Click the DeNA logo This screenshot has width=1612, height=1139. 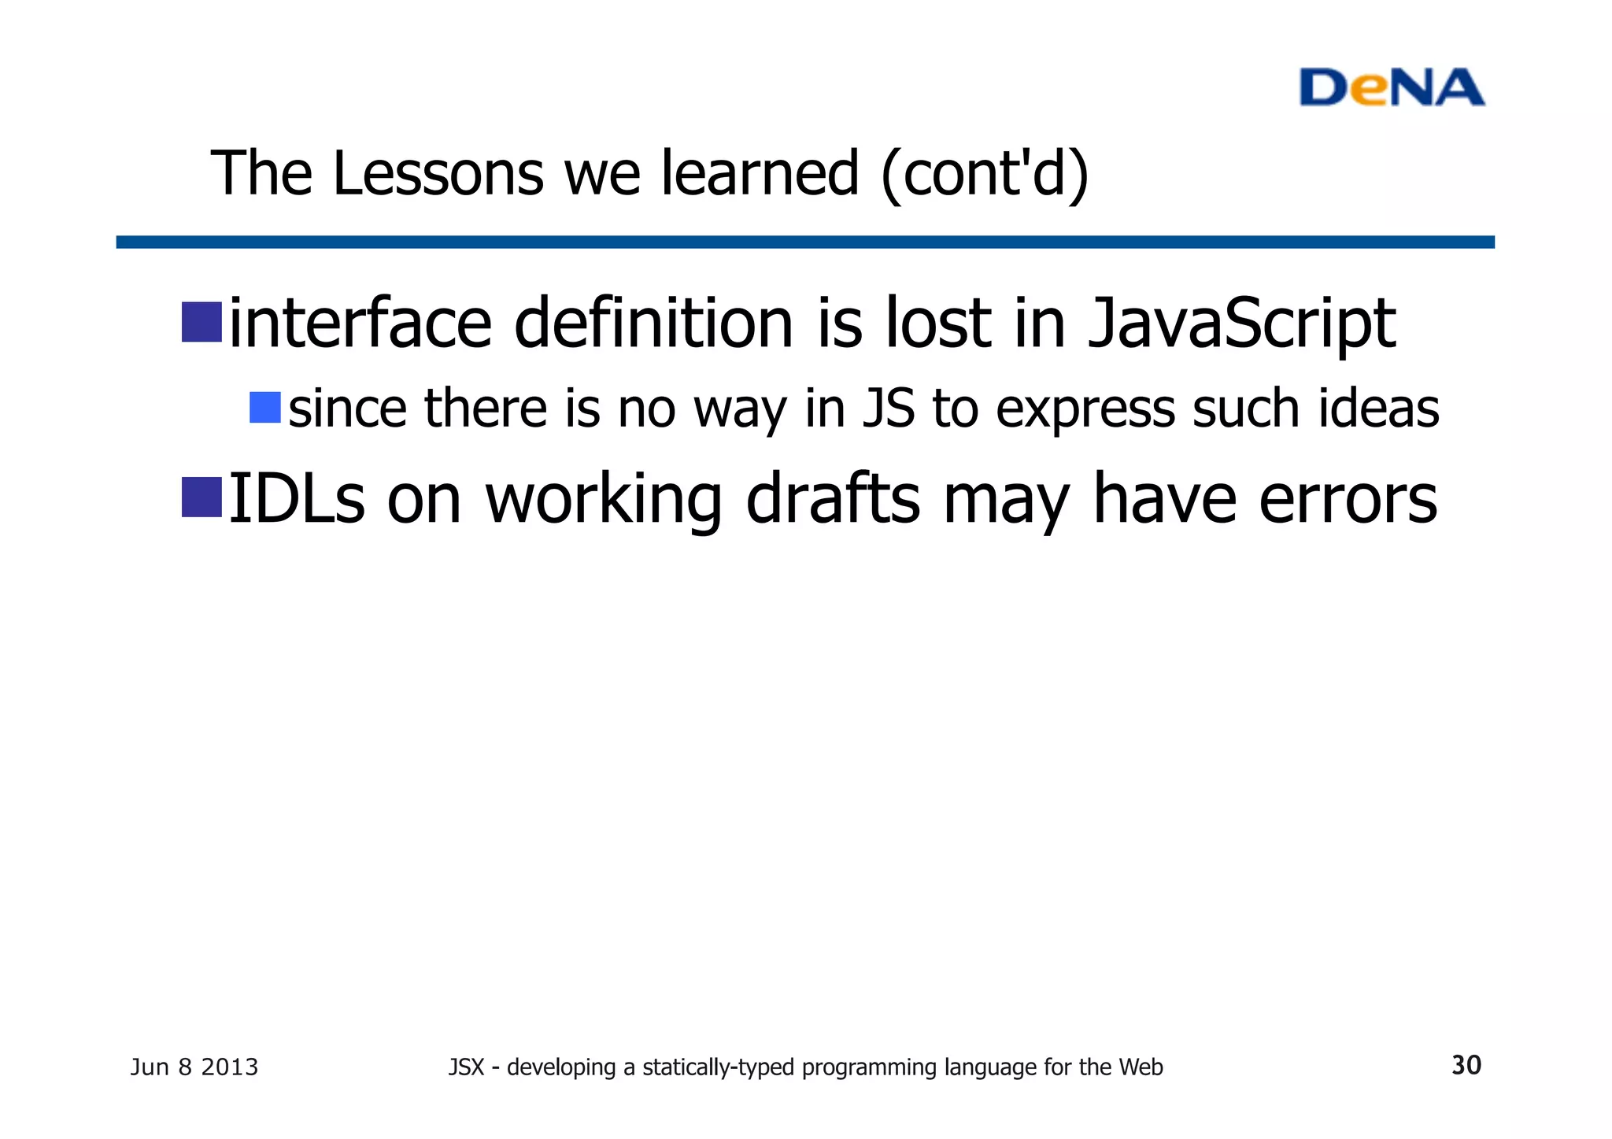(x=1391, y=87)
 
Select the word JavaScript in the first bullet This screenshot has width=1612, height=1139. (x=1241, y=324)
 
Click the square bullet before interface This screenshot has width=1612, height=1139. (x=201, y=322)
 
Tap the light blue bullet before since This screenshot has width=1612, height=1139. (x=265, y=408)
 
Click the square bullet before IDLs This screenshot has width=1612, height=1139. (x=201, y=497)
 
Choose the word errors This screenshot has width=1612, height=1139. (x=1348, y=500)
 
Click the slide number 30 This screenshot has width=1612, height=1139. (x=1466, y=1065)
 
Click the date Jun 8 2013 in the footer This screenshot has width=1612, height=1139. (x=194, y=1067)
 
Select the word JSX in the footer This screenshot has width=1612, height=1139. (x=465, y=1067)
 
